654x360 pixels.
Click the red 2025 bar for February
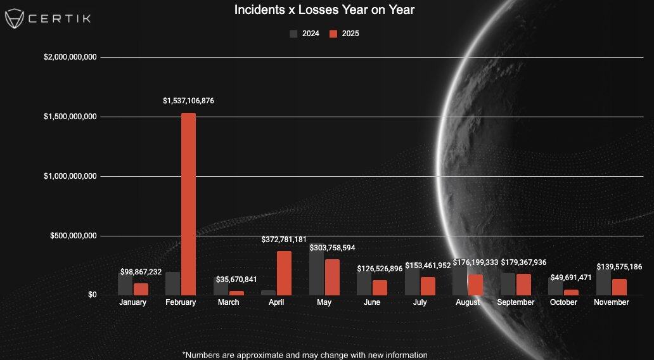coord(188,203)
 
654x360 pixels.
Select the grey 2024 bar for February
coord(172,283)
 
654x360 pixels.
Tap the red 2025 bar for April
coord(284,273)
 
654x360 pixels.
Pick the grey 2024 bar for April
coord(269,292)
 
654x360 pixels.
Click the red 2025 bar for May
coord(332,277)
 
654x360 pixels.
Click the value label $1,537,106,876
coord(188,101)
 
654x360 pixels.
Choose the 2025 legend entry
coord(344,34)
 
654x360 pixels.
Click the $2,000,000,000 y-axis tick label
coord(70,58)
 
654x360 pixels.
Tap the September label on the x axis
coord(516,302)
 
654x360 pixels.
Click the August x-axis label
coord(468,303)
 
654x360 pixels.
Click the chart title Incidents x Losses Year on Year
coord(324,10)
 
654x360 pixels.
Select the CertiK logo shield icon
coord(15,18)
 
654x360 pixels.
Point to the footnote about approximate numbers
coord(305,355)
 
